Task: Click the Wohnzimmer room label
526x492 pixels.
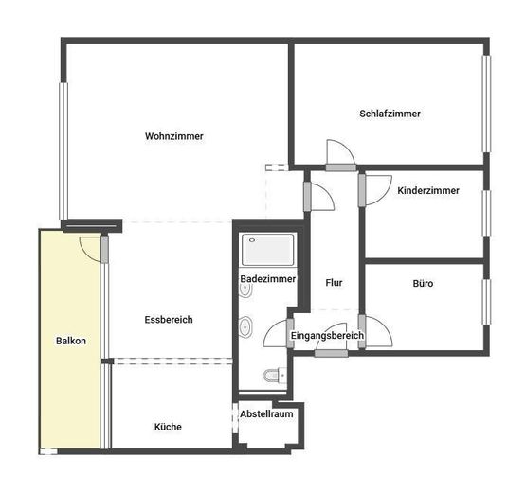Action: point(173,136)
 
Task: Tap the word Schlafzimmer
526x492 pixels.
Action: point(390,114)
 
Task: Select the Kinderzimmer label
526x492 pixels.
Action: point(428,190)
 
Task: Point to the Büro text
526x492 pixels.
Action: point(423,283)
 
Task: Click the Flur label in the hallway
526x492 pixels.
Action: point(333,283)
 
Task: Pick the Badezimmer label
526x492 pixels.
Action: point(268,279)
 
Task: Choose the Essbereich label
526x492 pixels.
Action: point(169,320)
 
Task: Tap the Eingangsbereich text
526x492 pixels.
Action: point(327,335)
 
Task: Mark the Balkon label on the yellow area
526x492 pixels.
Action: point(71,341)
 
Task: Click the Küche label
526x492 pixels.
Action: point(168,427)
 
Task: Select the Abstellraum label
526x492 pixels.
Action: point(266,414)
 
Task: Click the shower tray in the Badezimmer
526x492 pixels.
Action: point(269,251)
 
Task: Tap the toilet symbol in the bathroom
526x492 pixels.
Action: point(274,376)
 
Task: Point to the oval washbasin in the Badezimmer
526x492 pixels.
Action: point(246,327)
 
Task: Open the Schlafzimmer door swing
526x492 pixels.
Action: point(338,153)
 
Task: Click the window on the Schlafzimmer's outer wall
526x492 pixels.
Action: point(486,104)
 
